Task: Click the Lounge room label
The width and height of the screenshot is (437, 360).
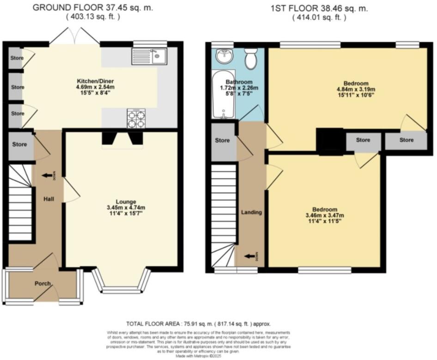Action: tap(126, 201)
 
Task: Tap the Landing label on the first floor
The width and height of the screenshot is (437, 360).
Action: tap(251, 212)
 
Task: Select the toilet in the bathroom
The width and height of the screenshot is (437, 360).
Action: tap(251, 59)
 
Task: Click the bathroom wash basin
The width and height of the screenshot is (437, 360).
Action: tap(225, 57)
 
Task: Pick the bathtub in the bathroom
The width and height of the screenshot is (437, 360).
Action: tap(224, 95)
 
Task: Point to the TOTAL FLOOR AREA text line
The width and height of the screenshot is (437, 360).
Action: tap(198, 324)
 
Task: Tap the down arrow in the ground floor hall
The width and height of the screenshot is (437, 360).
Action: tap(47, 176)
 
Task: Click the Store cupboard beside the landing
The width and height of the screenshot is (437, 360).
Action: tap(223, 140)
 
